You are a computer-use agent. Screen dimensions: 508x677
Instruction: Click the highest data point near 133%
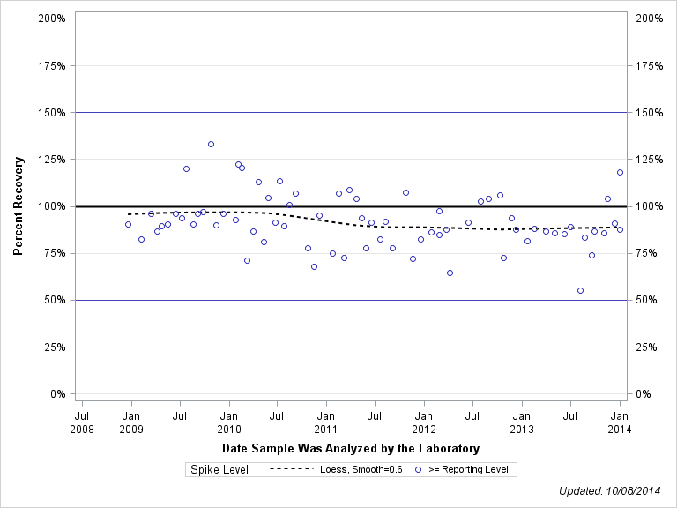click(x=211, y=144)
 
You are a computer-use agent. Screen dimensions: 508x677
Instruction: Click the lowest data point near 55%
click(x=580, y=290)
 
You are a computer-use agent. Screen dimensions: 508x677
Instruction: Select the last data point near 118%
click(x=620, y=172)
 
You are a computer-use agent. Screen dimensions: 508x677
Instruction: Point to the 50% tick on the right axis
click(x=650, y=300)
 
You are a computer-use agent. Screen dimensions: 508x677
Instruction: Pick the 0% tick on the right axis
click(x=647, y=393)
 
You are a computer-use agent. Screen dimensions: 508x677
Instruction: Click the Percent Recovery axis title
click(x=19, y=206)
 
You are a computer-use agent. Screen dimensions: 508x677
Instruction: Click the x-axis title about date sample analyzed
click(x=351, y=448)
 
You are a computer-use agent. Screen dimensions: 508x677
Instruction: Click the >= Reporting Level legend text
click(x=468, y=470)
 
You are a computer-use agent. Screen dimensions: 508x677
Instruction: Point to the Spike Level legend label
click(x=219, y=470)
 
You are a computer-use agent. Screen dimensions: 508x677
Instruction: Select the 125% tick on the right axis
click(x=652, y=159)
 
